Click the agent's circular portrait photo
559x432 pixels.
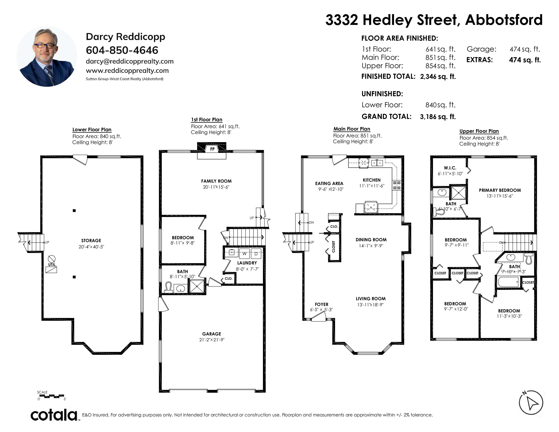[x=47, y=56]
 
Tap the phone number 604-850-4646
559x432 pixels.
[x=122, y=50]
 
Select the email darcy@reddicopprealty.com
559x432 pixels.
[x=130, y=61]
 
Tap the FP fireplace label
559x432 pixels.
[x=212, y=149]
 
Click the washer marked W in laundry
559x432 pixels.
[x=244, y=253]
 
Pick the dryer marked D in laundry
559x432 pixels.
[x=256, y=253]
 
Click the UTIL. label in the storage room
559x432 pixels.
[x=52, y=265]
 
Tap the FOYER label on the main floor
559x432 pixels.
[x=322, y=304]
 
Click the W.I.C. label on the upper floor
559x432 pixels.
[x=450, y=168]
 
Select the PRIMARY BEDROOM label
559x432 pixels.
[x=500, y=190]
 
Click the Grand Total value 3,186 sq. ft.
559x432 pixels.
[x=438, y=117]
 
